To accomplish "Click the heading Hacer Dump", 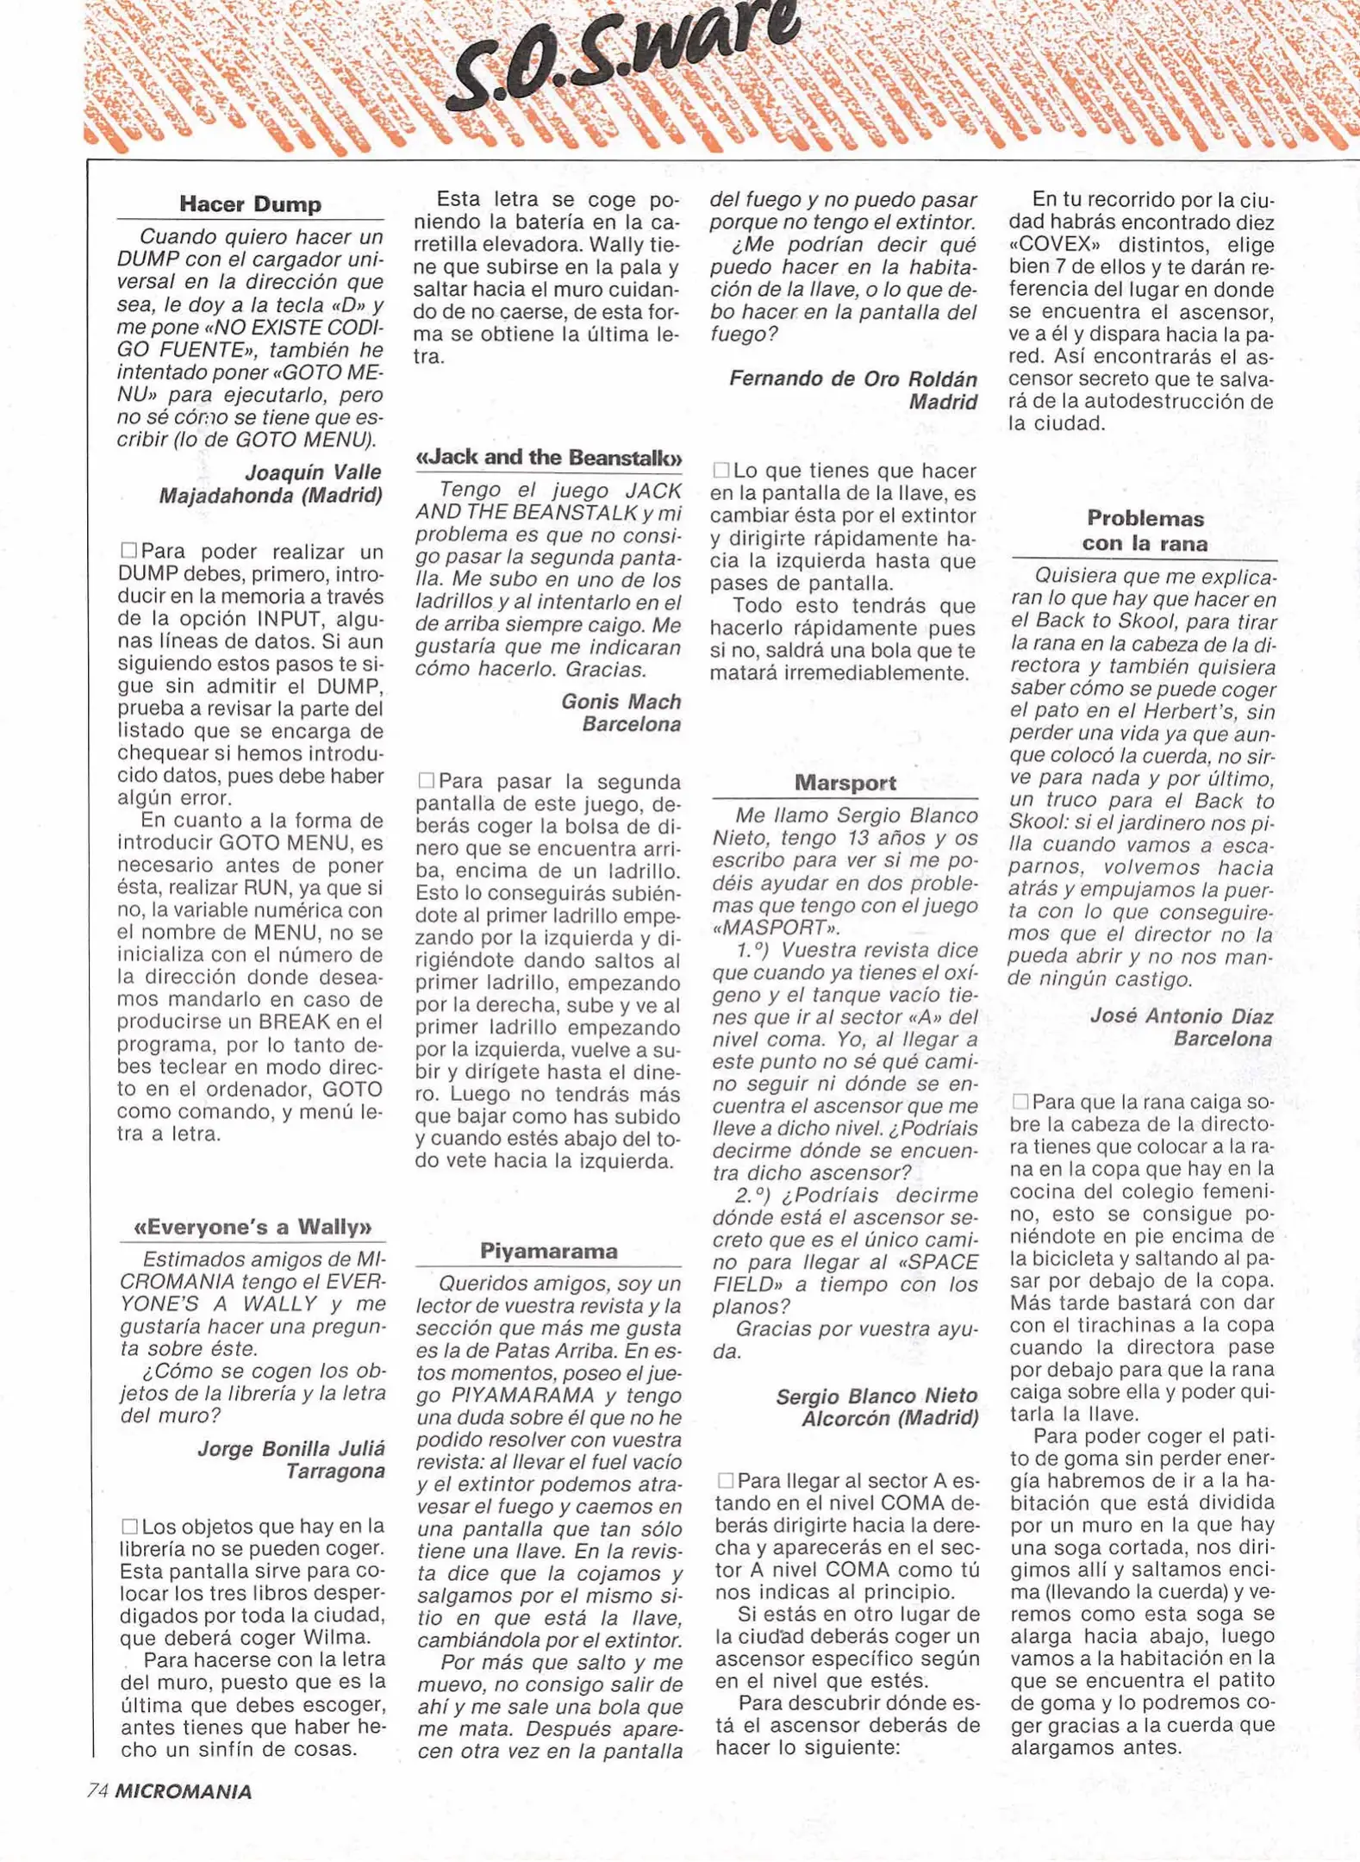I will [250, 204].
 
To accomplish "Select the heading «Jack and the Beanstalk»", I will [549, 457].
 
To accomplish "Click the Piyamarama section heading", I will [548, 1250].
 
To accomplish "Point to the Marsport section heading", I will [845, 783].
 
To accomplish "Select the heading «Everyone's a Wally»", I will [253, 1226].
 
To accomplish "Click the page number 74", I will [97, 1791].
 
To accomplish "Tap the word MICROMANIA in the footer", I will [184, 1791].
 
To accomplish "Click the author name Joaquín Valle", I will [313, 472].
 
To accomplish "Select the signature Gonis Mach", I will [621, 702].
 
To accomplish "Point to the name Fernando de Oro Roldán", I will [852, 379].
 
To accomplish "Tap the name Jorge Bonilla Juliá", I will [291, 1448].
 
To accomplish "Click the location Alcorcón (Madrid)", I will [889, 1418].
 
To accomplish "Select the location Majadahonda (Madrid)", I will [271, 496].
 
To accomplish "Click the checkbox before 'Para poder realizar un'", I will [129, 550].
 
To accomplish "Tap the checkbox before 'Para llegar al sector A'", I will [726, 1480].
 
